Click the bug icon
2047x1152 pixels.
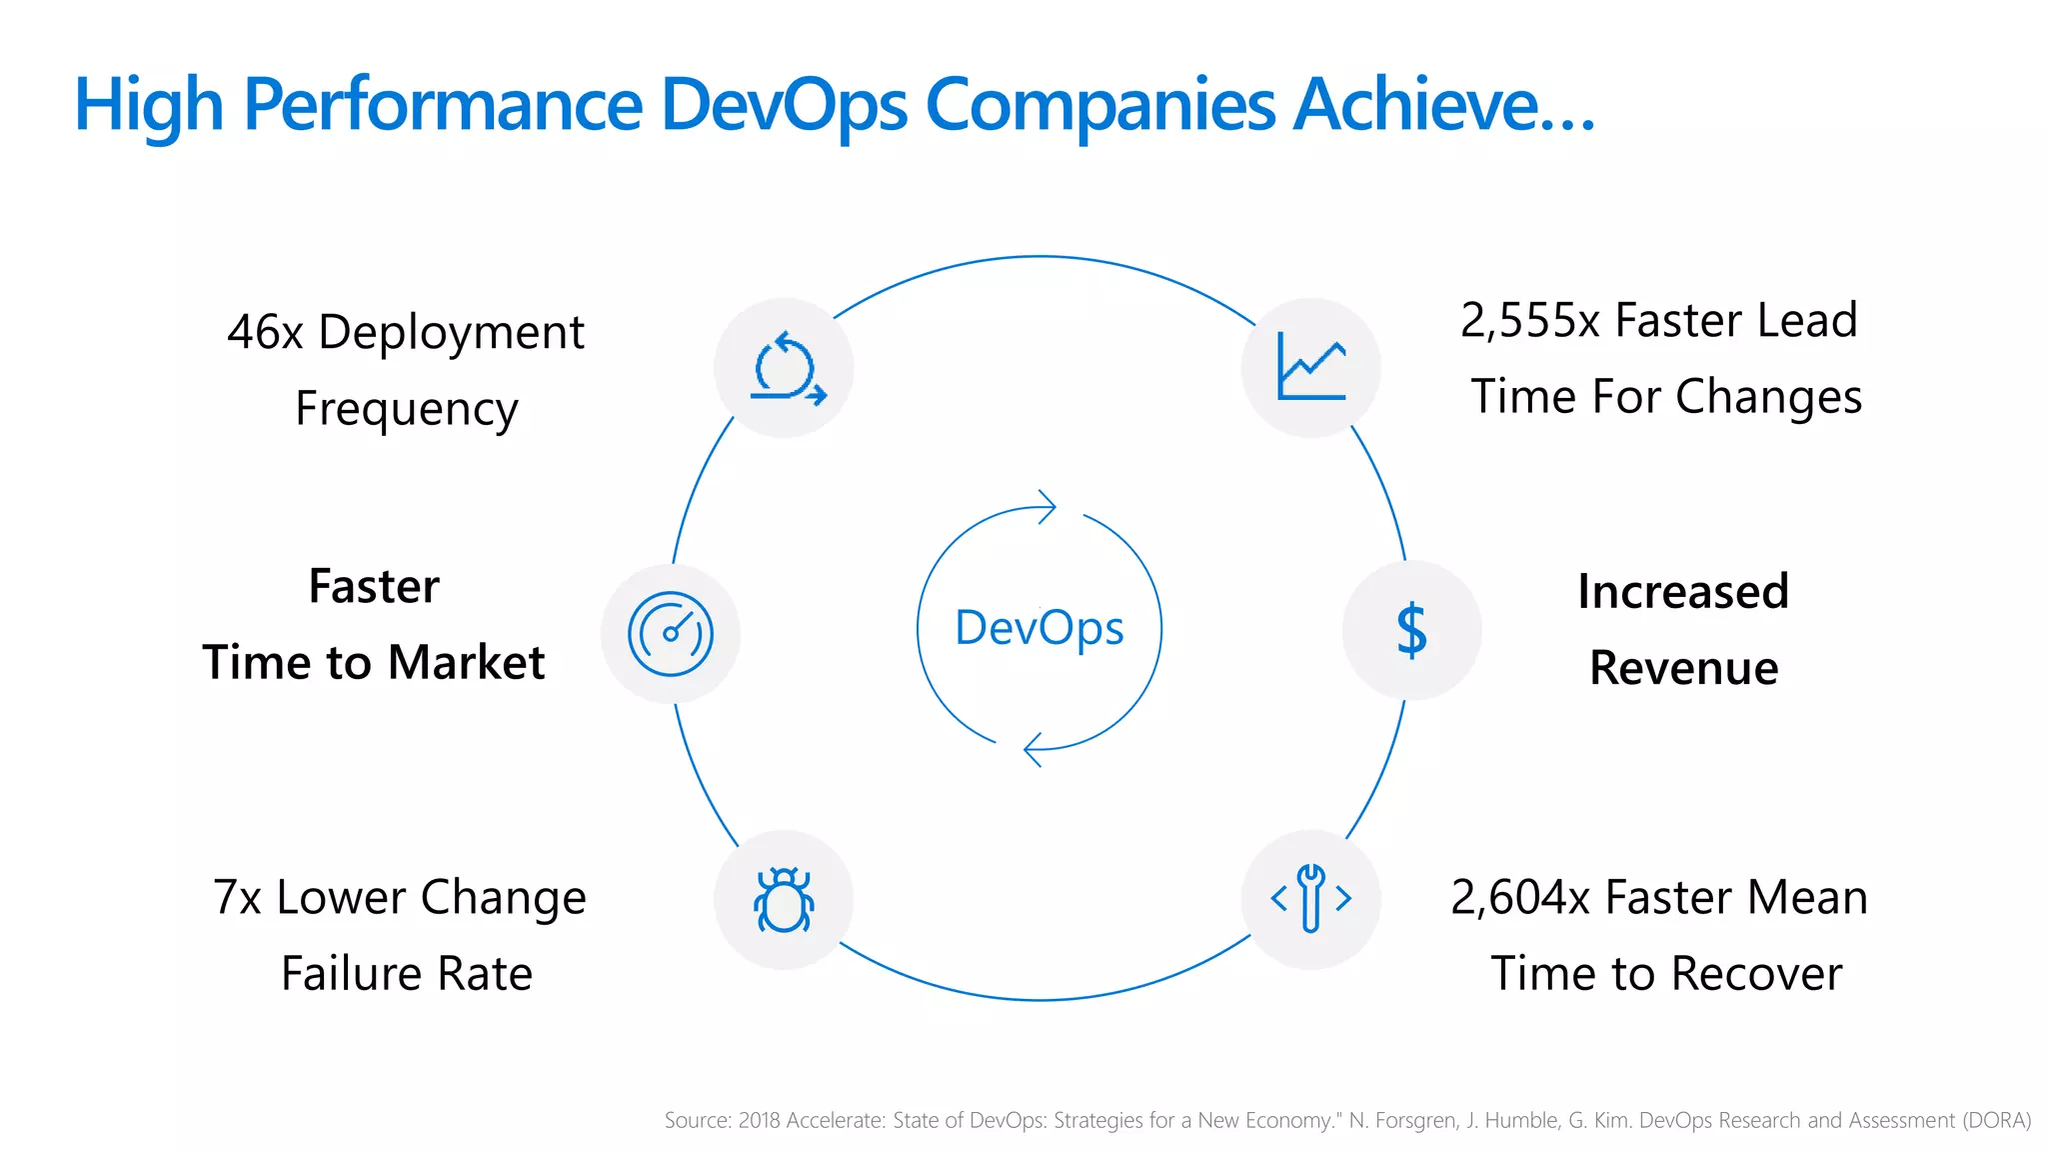pyautogui.click(x=784, y=900)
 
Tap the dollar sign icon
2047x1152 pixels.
pyautogui.click(x=1411, y=631)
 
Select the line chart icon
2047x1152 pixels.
pyautogui.click(x=1311, y=367)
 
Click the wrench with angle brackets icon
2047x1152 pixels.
pyautogui.click(x=1310, y=898)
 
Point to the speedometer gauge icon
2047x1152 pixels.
pyautogui.click(x=671, y=634)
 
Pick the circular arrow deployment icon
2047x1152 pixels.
pyautogui.click(x=787, y=369)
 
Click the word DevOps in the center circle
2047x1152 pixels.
pyautogui.click(x=1039, y=628)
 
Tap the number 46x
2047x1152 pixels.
pyautogui.click(x=265, y=333)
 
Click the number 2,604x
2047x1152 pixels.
pyautogui.click(x=1520, y=897)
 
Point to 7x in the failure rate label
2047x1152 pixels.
pyautogui.click(x=237, y=897)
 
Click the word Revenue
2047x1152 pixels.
pyautogui.click(x=1683, y=668)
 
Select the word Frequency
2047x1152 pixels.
pyautogui.click(x=407, y=409)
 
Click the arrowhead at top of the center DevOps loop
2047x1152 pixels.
pyautogui.click(x=1046, y=507)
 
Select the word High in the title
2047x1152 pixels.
pyautogui.click(x=148, y=105)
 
